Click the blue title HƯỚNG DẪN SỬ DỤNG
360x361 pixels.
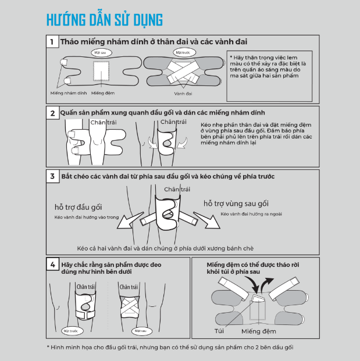pyautogui.click(x=105, y=20)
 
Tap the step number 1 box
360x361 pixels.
pyautogui.click(x=52, y=42)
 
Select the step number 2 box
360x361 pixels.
pyautogui.click(x=53, y=113)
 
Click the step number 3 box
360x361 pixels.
pyautogui.click(x=53, y=176)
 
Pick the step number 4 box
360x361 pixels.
pyautogui.click(x=53, y=265)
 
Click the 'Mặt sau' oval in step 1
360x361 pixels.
pyautogui.click(x=101, y=53)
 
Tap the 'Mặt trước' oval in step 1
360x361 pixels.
pyautogui.click(x=184, y=52)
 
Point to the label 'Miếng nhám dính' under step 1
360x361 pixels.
pyautogui.click(x=69, y=93)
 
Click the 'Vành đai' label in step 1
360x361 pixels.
pyautogui.click(x=183, y=94)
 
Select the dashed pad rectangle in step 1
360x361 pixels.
pyautogui.click(x=101, y=71)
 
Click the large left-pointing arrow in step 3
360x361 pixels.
pyautogui.click(x=130, y=220)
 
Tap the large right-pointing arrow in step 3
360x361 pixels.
pyautogui.click(x=206, y=220)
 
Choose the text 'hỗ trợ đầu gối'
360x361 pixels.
pyautogui.click(x=79, y=207)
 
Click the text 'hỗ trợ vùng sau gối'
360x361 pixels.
pyautogui.click(x=236, y=203)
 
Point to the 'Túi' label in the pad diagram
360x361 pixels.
pyautogui.click(x=219, y=331)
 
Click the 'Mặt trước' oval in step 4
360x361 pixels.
pyautogui.click(x=72, y=331)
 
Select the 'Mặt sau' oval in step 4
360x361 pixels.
pyautogui.click(x=142, y=331)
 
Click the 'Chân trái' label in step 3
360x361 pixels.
pyautogui.click(x=177, y=190)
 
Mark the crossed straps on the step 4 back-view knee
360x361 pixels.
pyautogui.click(x=130, y=306)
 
